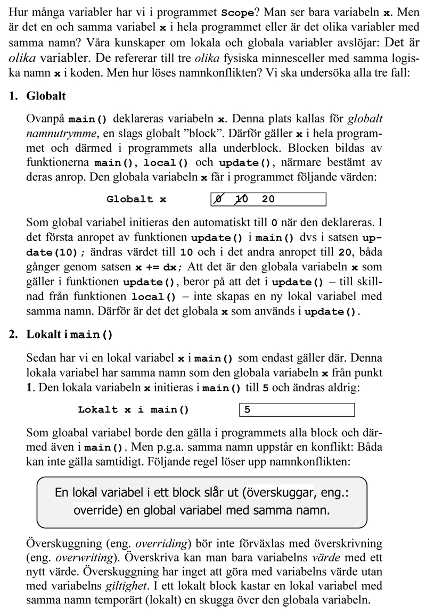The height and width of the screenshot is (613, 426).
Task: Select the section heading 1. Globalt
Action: click(37, 96)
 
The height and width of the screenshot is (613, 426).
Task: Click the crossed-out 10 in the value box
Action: click(241, 200)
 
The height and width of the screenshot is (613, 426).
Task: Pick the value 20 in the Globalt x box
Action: click(268, 200)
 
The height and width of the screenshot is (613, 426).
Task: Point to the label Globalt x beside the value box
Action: click(136, 200)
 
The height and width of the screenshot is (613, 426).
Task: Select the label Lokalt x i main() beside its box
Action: click(133, 410)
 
